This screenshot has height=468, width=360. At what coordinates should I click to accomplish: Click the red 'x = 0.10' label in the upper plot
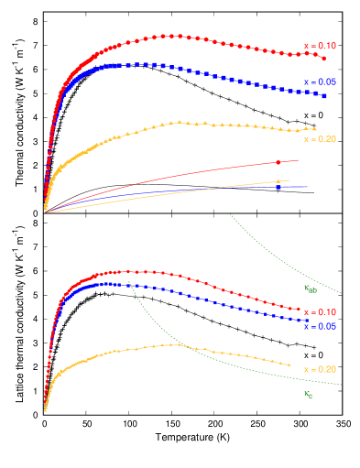320,46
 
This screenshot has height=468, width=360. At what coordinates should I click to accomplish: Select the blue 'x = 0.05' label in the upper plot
320,82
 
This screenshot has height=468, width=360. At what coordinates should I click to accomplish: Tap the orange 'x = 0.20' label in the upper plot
320,139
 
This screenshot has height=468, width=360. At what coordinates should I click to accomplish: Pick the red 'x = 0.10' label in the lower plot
320,312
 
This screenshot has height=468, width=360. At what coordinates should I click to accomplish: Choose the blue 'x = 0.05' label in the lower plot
320,327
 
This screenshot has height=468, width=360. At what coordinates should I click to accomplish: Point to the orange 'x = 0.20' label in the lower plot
320,369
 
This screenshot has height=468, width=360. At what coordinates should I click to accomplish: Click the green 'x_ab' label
310,288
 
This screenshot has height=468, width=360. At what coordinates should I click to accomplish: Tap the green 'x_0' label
309,395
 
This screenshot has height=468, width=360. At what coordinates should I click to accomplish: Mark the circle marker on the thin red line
277,162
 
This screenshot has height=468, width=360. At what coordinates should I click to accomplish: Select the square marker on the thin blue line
278,187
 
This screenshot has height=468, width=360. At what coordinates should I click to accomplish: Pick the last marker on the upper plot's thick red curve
324,58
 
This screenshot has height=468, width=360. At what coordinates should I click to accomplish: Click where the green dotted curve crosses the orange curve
180,344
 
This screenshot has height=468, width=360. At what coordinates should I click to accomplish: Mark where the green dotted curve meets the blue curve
130,286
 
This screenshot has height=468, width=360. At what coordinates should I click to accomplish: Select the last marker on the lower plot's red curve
300,310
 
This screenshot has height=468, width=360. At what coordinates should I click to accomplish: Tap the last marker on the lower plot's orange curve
291,366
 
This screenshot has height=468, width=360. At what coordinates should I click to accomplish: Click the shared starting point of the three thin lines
45,212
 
